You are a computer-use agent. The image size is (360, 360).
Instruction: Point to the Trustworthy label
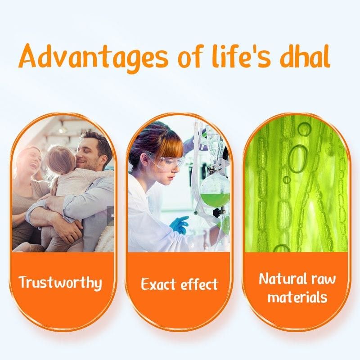[60, 283]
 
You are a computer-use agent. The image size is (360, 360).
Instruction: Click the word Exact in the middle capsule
[158, 284]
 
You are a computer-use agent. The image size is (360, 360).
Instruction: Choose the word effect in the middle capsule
[199, 284]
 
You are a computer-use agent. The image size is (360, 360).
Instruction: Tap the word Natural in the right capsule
[283, 279]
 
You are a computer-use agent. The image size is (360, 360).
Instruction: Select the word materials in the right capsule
[297, 297]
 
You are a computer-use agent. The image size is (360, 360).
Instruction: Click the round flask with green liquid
[215, 190]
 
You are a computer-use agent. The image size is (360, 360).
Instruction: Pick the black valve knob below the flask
[217, 213]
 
